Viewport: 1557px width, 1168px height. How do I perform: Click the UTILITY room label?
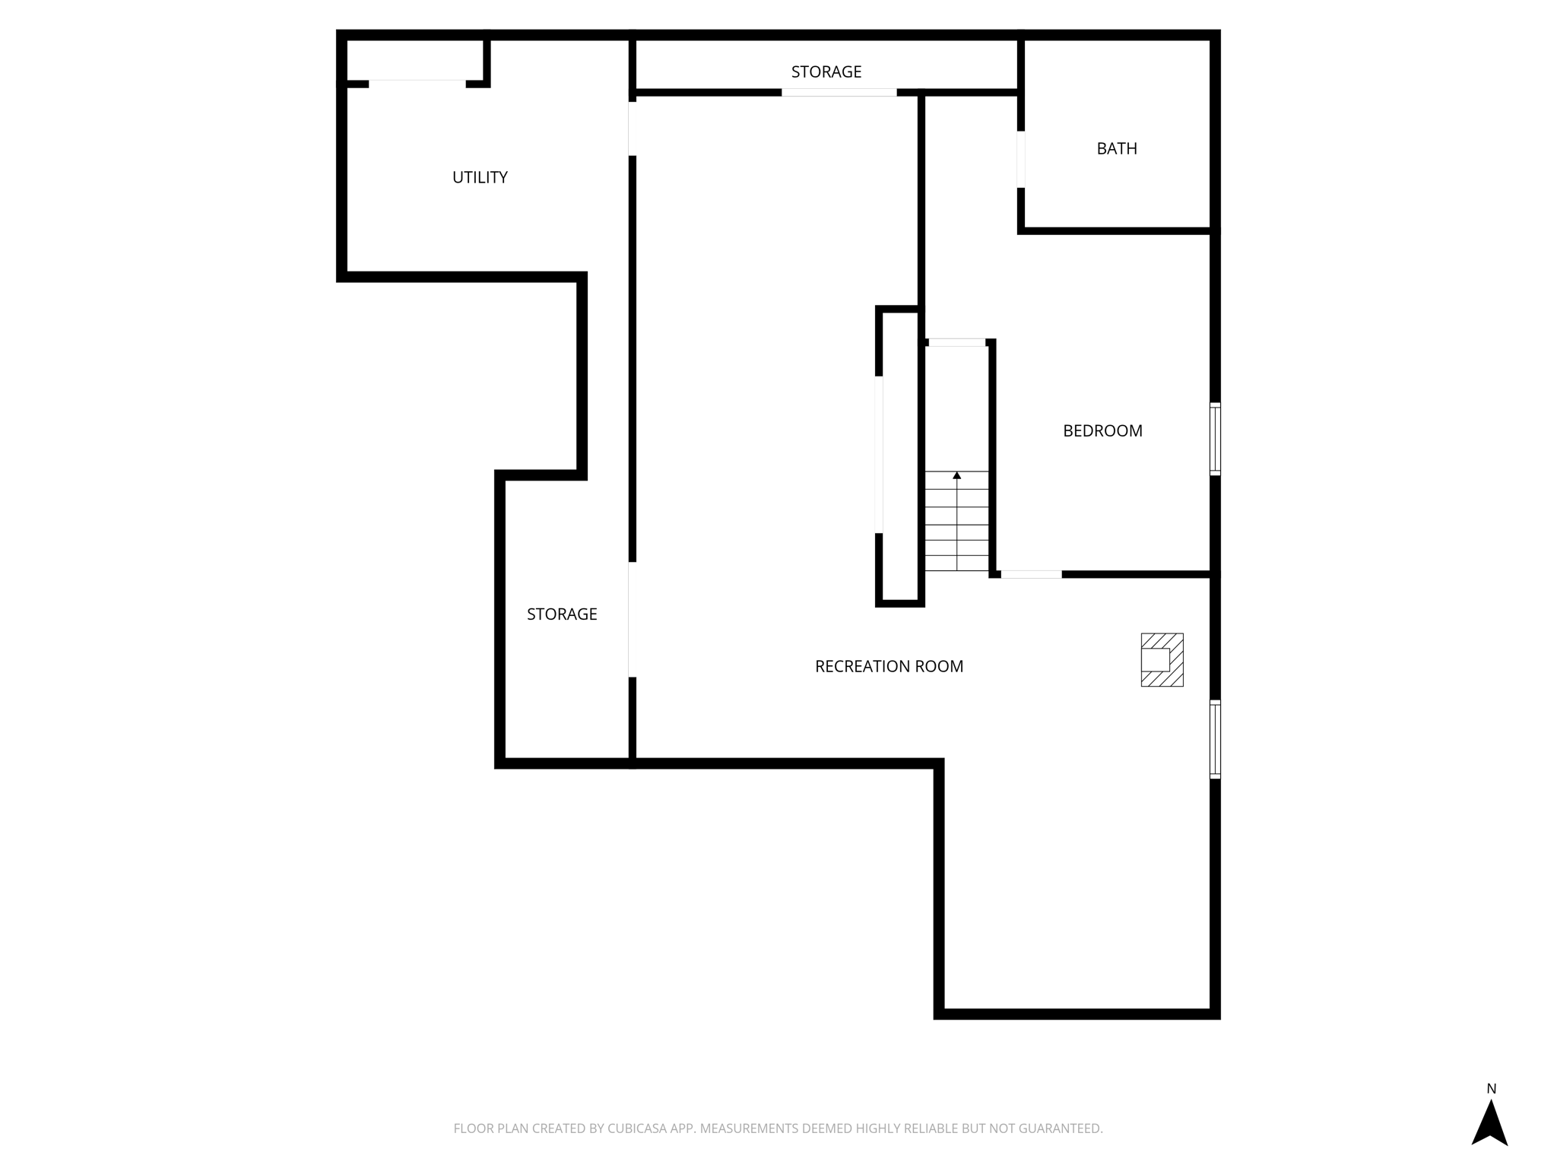pyautogui.click(x=480, y=177)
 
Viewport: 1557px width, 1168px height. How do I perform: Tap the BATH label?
pyautogui.click(x=1116, y=149)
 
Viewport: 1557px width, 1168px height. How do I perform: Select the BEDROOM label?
pyautogui.click(x=1102, y=431)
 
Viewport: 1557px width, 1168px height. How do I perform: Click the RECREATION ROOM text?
pyautogui.click(x=889, y=667)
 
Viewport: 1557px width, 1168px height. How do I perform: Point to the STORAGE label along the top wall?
pyautogui.click(x=826, y=72)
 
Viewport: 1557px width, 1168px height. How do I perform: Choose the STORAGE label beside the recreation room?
pyautogui.click(x=562, y=614)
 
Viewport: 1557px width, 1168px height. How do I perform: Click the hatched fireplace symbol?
pyautogui.click(x=1162, y=660)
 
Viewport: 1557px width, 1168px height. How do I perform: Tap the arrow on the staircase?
pyautogui.click(x=956, y=476)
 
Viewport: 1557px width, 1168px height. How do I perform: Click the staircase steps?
pyautogui.click(x=956, y=525)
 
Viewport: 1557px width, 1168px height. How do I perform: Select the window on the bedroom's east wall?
pyautogui.click(x=1215, y=440)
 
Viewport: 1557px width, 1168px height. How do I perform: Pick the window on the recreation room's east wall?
pyautogui.click(x=1215, y=739)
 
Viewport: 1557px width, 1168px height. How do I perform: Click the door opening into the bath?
pyautogui.click(x=1021, y=159)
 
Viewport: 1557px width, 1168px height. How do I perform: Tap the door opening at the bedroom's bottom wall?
pyautogui.click(x=1031, y=574)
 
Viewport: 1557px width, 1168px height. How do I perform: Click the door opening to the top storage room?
pyautogui.click(x=839, y=93)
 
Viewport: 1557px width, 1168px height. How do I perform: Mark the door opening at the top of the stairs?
pyautogui.click(x=956, y=342)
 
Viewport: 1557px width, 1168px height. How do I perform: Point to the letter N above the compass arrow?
pyautogui.click(x=1491, y=1089)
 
